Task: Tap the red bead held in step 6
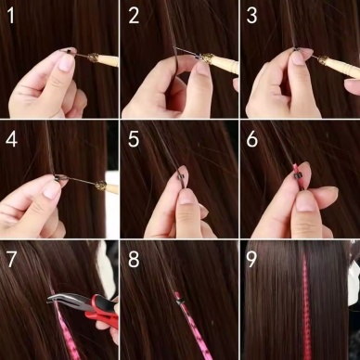[x=300, y=171]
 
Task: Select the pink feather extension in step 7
[x=67, y=329]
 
